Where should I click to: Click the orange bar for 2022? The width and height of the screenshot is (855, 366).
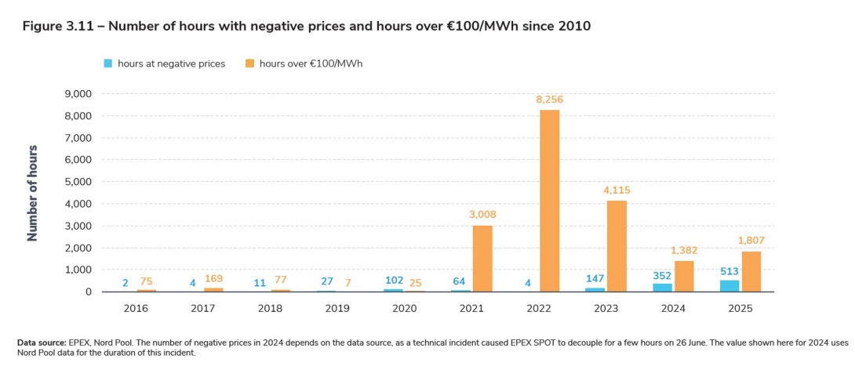click(549, 201)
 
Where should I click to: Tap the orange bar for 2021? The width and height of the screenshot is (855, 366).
click(482, 259)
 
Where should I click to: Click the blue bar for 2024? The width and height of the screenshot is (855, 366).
click(663, 288)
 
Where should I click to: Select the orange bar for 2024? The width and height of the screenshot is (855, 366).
click(684, 276)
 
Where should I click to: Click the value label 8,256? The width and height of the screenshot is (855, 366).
click(549, 100)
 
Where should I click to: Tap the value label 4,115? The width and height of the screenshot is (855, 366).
click(616, 190)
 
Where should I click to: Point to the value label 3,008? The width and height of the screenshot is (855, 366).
click(482, 215)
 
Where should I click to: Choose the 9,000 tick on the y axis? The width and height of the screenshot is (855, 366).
click(77, 94)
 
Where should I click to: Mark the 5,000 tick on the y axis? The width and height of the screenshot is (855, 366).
click(77, 182)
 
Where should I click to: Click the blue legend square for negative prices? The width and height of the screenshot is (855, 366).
click(107, 63)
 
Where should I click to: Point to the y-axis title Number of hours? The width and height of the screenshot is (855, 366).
click(33, 193)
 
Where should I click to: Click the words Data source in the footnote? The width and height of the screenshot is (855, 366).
click(42, 342)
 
